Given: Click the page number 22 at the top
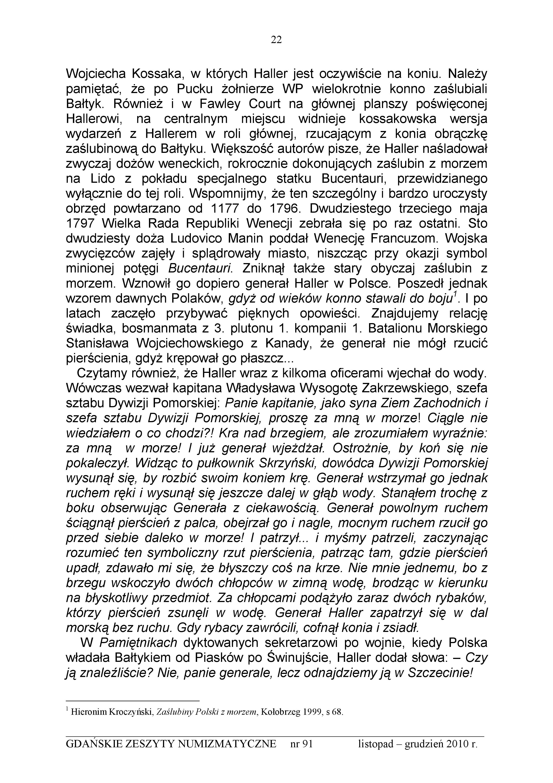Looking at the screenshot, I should tap(276, 40).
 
